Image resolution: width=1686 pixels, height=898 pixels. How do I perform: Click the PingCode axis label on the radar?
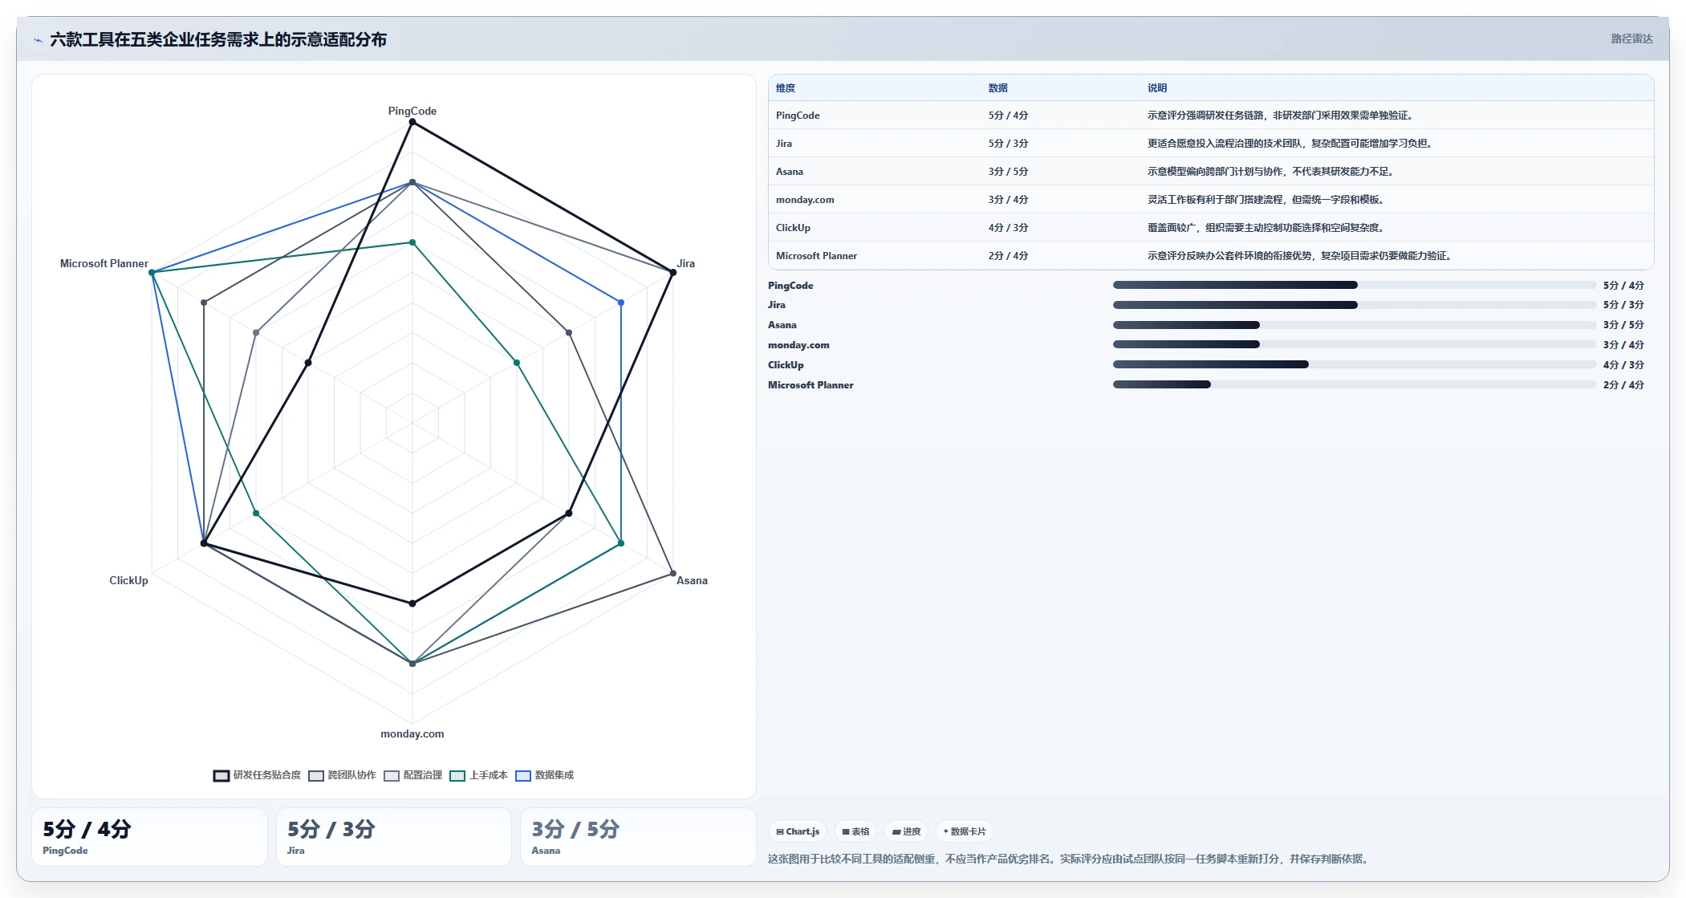click(412, 111)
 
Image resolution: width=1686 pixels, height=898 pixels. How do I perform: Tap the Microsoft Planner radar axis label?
click(104, 263)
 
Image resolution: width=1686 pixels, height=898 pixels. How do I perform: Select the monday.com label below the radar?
click(412, 733)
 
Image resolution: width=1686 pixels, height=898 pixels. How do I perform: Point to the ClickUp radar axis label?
click(128, 580)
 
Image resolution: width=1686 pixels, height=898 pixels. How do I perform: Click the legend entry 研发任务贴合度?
click(257, 775)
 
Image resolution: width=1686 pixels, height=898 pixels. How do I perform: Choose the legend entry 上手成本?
click(479, 775)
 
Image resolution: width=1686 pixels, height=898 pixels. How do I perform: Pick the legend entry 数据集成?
click(545, 775)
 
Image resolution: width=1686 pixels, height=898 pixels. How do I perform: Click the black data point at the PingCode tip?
click(412, 122)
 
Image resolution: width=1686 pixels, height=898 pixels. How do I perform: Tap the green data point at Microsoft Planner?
click(152, 273)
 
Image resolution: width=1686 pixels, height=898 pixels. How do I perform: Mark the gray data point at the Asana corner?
click(672, 573)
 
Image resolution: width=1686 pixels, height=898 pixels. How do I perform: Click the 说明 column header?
click(1157, 88)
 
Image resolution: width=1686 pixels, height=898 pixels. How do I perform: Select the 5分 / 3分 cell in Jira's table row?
click(1008, 144)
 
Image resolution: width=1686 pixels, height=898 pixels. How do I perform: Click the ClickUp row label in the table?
click(793, 228)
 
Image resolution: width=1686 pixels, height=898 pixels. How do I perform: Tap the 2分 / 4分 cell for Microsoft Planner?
click(1008, 256)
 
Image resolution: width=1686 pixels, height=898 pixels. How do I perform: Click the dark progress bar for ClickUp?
click(1210, 364)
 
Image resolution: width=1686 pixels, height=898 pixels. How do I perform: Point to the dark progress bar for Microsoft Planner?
click(1161, 384)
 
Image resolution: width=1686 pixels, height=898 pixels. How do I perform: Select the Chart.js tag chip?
click(798, 831)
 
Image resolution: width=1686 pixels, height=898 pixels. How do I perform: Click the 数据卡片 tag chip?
click(964, 831)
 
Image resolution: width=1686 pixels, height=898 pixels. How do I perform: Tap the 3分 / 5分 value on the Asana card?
click(575, 829)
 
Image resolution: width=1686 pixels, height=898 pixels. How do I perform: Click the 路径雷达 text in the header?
click(1631, 39)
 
